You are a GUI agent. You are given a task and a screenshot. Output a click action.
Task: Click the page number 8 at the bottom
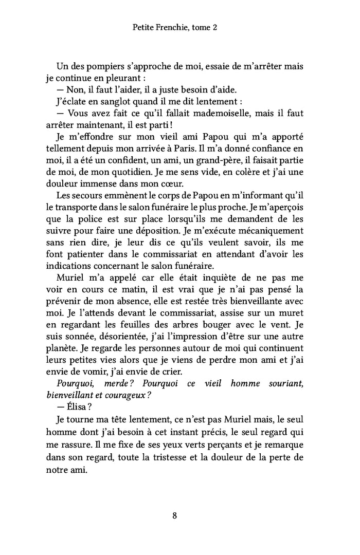(175, 516)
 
